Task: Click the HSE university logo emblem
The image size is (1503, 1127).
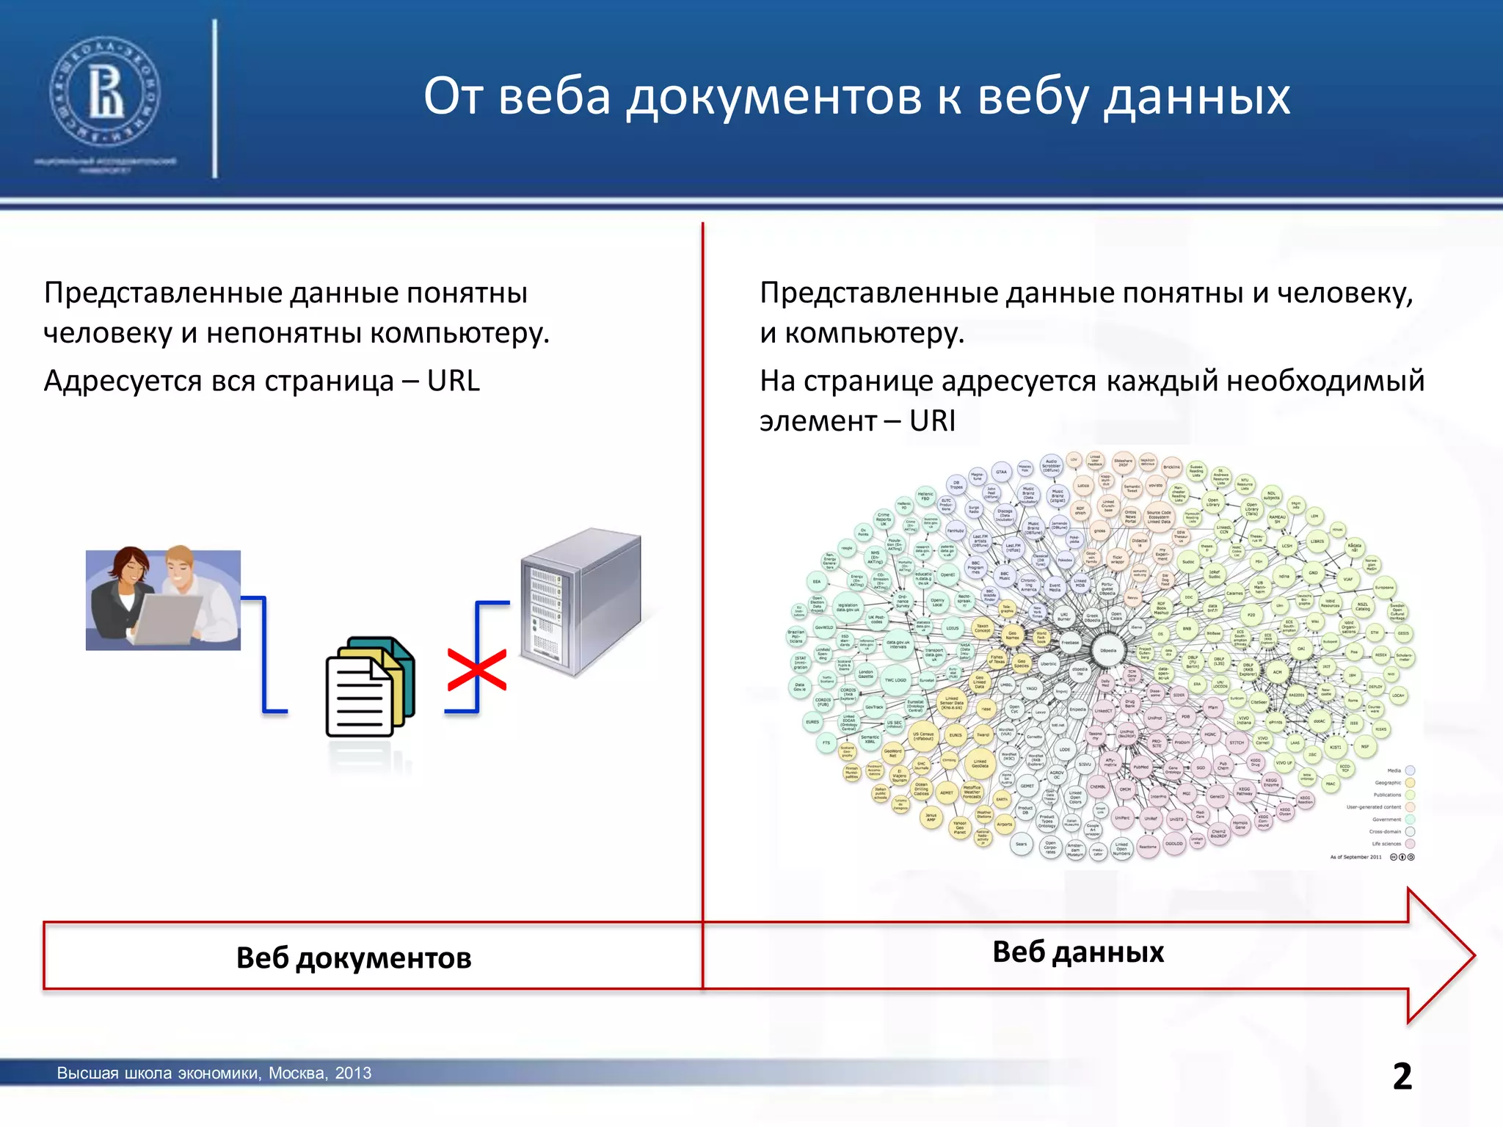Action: [x=104, y=93]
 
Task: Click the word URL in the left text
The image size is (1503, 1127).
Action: [x=453, y=382]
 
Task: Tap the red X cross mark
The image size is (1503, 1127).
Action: [x=477, y=669]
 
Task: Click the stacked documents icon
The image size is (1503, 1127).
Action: [x=370, y=687]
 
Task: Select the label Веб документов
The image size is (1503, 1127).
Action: [x=354, y=958]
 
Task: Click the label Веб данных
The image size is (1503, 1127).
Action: [x=1077, y=952]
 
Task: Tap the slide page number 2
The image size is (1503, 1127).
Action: [x=1402, y=1076]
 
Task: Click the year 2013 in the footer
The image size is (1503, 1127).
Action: [x=353, y=1073]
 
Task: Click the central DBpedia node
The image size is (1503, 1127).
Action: [x=1108, y=650]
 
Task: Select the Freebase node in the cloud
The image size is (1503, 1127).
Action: [x=1070, y=643]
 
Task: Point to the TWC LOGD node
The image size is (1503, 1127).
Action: [x=895, y=680]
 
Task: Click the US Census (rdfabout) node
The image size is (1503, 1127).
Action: [x=923, y=736]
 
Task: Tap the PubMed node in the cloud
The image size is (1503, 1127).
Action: [x=1141, y=767]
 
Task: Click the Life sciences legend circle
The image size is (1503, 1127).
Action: [x=1410, y=844]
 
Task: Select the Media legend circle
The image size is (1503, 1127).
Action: [x=1410, y=770]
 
